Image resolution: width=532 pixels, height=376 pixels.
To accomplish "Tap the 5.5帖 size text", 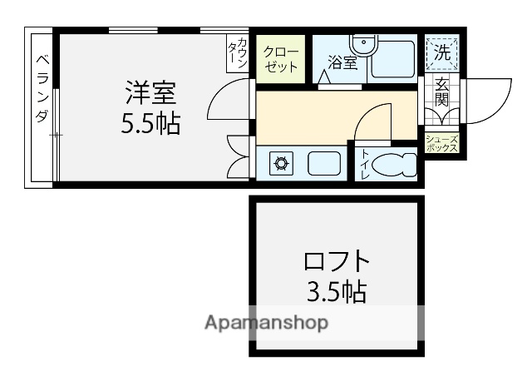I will tap(150, 125).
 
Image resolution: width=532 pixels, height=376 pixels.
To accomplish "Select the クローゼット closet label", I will tap(281, 61).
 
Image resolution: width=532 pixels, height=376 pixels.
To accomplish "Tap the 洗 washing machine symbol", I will tap(442, 53).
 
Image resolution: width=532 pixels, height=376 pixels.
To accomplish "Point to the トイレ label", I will tap(365, 165).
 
